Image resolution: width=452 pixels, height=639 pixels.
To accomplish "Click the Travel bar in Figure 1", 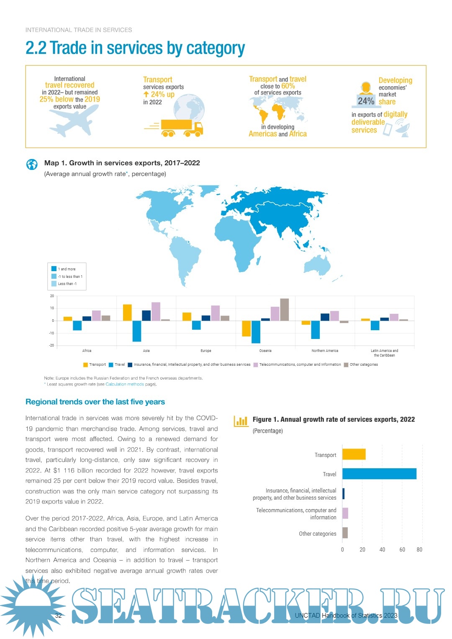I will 379,474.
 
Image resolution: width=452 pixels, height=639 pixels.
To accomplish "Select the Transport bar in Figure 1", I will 354,454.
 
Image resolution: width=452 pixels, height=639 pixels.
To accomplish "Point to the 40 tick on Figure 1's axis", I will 382,549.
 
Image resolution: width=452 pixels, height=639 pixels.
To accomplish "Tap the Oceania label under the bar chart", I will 265,351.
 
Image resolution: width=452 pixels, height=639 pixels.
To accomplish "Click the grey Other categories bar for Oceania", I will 284,310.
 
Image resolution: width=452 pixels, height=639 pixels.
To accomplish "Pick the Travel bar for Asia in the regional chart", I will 137,331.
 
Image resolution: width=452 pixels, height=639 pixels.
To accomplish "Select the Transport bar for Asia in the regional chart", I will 127,313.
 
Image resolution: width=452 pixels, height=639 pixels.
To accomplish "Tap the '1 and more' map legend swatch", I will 54,269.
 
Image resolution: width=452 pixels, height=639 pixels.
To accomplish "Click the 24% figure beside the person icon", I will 366,101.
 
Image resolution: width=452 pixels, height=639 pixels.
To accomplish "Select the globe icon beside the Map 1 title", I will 32,164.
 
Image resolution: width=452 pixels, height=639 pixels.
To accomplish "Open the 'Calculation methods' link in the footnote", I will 125,384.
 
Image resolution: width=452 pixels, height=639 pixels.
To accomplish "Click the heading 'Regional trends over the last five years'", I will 95,402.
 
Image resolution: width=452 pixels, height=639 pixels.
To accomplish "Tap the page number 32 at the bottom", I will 58,615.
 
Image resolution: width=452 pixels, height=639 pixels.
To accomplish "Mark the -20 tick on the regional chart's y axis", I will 51,346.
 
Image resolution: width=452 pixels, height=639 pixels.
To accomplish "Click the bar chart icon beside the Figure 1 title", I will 241,421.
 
